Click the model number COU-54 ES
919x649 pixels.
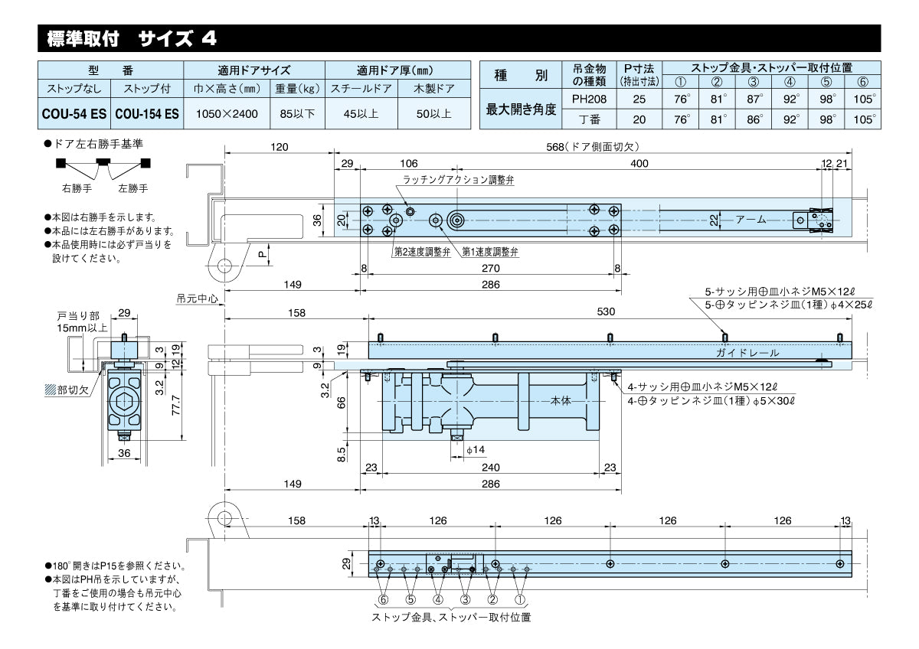74,113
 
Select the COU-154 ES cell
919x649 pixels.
147,113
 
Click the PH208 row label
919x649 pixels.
588,98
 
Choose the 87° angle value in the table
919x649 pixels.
754,98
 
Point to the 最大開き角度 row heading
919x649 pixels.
521,109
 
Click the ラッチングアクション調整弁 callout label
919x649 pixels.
458,180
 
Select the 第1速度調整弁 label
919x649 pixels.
491,252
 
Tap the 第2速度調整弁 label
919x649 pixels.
422,252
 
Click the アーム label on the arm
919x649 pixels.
751,220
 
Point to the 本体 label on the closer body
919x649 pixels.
561,400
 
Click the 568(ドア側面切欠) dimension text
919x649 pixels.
598,146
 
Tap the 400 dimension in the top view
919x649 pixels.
639,163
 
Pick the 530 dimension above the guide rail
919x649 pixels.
607,312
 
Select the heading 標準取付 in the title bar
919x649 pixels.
80,37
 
